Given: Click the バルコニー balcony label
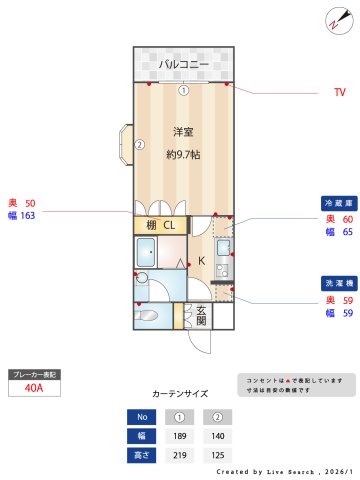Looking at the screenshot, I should click(x=183, y=65).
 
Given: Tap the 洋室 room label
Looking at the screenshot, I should click(x=182, y=132).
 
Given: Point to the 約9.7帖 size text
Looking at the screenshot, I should click(x=183, y=154).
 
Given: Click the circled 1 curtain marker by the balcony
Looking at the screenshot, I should click(x=183, y=90).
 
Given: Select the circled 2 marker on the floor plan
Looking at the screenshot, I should click(x=140, y=144).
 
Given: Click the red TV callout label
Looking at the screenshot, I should click(x=340, y=92).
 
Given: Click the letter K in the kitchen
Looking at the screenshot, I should click(x=201, y=261).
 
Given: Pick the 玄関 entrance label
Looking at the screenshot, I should click(x=200, y=315).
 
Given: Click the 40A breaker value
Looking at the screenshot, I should click(x=36, y=390).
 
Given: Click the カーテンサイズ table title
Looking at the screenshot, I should click(x=180, y=394).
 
